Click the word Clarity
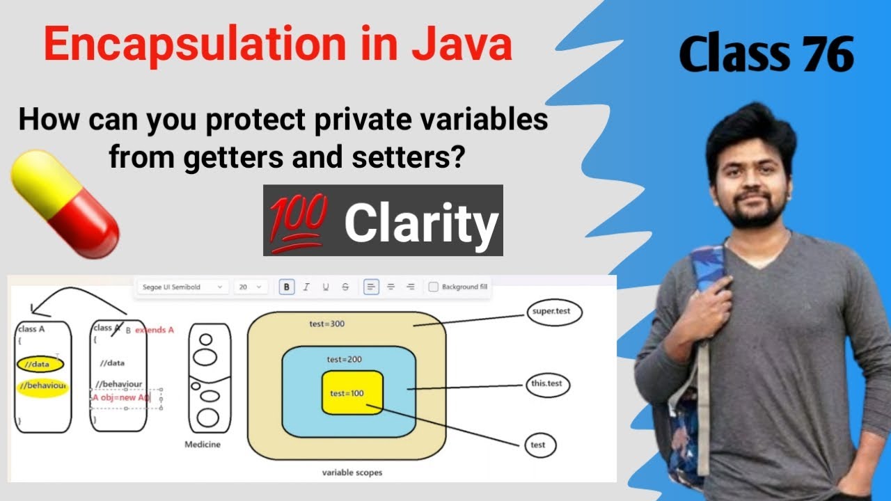[422, 223]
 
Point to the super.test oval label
[550, 311]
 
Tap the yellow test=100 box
[352, 392]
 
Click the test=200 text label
[343, 359]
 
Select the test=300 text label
[327, 324]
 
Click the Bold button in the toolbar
[287, 287]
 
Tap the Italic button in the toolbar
[306, 287]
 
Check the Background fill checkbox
[433, 287]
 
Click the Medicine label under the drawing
[203, 444]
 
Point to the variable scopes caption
[352, 472]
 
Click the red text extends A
[155, 329]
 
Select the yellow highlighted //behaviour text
[42, 385]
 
